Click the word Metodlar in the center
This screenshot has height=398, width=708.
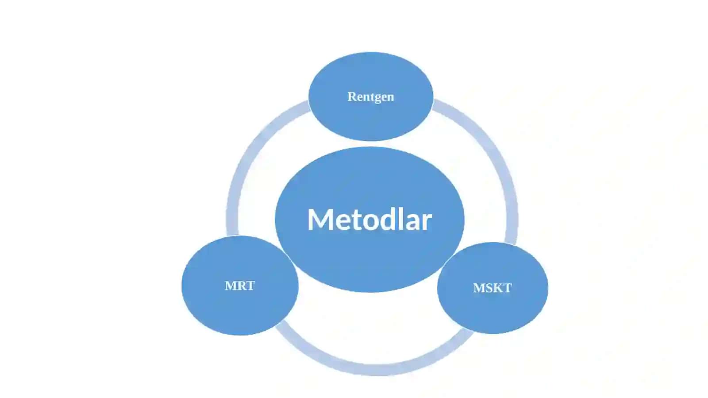click(369, 220)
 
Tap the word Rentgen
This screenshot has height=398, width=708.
click(371, 97)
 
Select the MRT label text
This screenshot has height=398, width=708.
click(239, 286)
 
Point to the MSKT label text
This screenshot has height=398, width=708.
click(493, 288)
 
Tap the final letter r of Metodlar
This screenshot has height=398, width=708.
click(427, 223)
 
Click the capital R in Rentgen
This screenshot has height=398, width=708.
click(352, 97)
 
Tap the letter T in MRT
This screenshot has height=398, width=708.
click(250, 286)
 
